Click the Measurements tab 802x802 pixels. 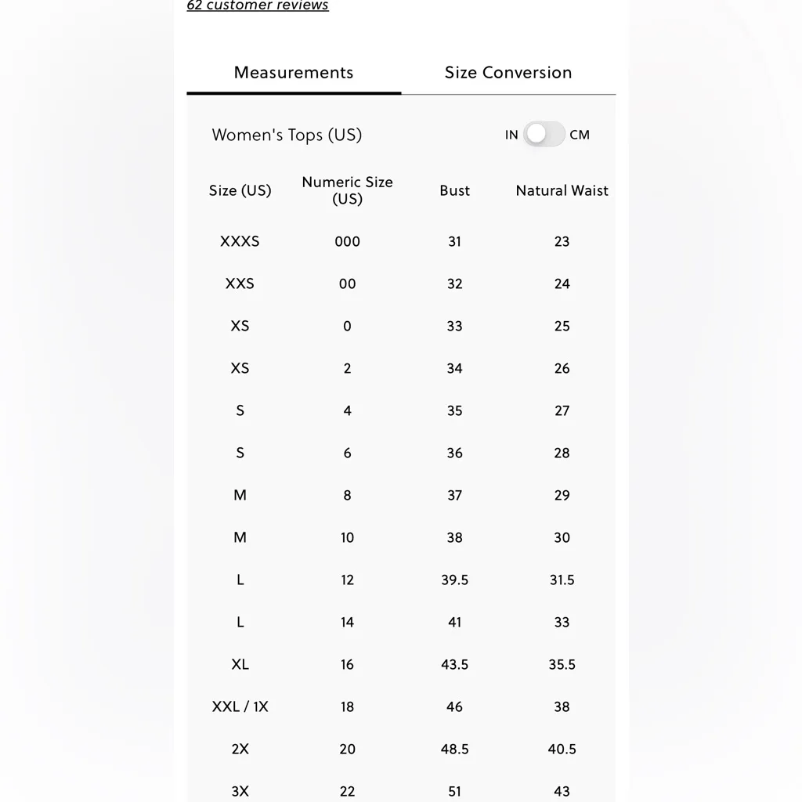294,73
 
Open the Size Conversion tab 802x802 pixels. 508,73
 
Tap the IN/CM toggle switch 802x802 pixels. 544,134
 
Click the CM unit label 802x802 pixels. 580,135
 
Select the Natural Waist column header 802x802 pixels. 562,190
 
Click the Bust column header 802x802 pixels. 454,190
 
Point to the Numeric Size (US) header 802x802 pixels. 347,190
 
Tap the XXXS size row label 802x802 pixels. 240,241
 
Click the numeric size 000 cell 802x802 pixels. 347,241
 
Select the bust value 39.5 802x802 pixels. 454,580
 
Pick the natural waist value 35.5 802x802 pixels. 562,664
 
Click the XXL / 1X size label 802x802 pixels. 240,706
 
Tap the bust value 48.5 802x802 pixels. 454,749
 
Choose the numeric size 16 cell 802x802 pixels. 347,664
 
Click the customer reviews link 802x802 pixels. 258,5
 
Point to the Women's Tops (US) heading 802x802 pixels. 287,135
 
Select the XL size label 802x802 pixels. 240,664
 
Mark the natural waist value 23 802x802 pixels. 562,241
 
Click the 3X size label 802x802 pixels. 240,791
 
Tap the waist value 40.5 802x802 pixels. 562,749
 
